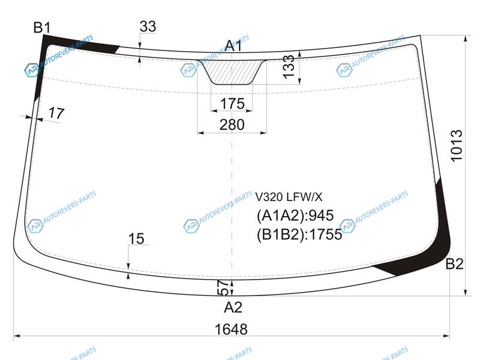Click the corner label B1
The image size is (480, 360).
(x=42, y=28)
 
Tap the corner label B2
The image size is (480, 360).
(x=454, y=264)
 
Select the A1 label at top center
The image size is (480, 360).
(x=233, y=46)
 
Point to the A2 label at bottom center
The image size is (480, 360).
(x=233, y=307)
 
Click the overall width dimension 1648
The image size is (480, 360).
(x=231, y=329)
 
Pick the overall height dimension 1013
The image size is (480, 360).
(x=456, y=146)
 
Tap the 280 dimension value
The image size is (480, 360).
(x=232, y=125)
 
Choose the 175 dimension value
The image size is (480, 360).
(x=232, y=103)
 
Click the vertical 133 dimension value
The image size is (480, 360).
(x=289, y=67)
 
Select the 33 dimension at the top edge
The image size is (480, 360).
(x=148, y=26)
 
